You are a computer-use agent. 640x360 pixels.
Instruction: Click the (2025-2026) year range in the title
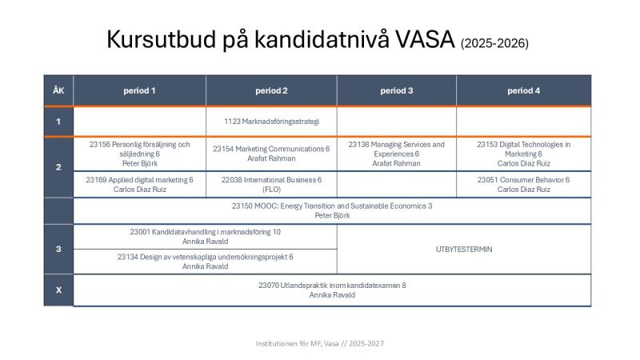494,42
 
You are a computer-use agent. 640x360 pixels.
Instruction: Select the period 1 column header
139,90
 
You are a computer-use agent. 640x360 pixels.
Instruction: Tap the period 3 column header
397,90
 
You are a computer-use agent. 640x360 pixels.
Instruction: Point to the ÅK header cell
58,90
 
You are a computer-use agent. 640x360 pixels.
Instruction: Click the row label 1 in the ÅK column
58,121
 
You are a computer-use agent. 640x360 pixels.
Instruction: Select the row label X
58,290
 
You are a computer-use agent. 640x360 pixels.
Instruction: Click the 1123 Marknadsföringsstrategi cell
271,121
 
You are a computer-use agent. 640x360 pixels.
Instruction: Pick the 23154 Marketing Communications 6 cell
271,154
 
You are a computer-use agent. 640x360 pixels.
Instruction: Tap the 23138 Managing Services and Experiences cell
397,154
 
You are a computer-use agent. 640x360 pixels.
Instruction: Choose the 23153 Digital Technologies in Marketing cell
524,154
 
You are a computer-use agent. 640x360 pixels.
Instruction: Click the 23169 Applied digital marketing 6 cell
139,185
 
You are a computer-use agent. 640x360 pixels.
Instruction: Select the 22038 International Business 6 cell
271,185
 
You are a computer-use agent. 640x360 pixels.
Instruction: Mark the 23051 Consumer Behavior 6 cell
524,185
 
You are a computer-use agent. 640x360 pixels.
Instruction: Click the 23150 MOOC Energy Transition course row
332,210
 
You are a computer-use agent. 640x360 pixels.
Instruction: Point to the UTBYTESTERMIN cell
464,249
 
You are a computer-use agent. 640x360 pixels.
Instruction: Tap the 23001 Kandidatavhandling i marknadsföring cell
205,236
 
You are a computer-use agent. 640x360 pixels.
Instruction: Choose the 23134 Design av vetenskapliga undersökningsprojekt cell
205,262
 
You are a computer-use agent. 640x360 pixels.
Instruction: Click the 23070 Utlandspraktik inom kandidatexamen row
332,290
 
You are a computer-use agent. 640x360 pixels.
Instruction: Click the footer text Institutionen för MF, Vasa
319,343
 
